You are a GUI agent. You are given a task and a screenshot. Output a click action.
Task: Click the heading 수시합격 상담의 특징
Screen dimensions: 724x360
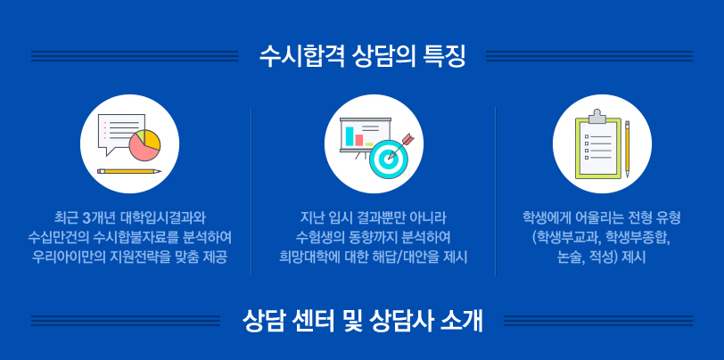tap(362, 56)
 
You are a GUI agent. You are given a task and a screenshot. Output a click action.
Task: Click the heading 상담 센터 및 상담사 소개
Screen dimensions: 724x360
tap(362, 321)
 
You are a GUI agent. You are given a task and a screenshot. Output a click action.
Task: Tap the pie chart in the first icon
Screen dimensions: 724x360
tap(144, 145)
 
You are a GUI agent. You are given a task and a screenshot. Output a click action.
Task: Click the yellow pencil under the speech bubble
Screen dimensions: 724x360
tap(129, 171)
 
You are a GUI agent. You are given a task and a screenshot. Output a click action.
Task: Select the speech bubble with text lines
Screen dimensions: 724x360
tap(119, 132)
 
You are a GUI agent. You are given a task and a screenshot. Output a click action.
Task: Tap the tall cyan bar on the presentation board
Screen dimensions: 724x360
tap(350, 135)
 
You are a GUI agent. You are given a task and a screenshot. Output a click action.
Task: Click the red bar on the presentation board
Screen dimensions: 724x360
tap(358, 140)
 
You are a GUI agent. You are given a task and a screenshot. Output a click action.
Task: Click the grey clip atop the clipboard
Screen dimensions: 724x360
tap(596, 117)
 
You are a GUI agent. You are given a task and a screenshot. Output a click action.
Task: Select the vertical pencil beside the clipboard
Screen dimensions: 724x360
tap(627, 149)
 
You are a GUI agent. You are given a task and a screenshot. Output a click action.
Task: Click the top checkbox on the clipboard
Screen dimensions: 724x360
tap(587, 136)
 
